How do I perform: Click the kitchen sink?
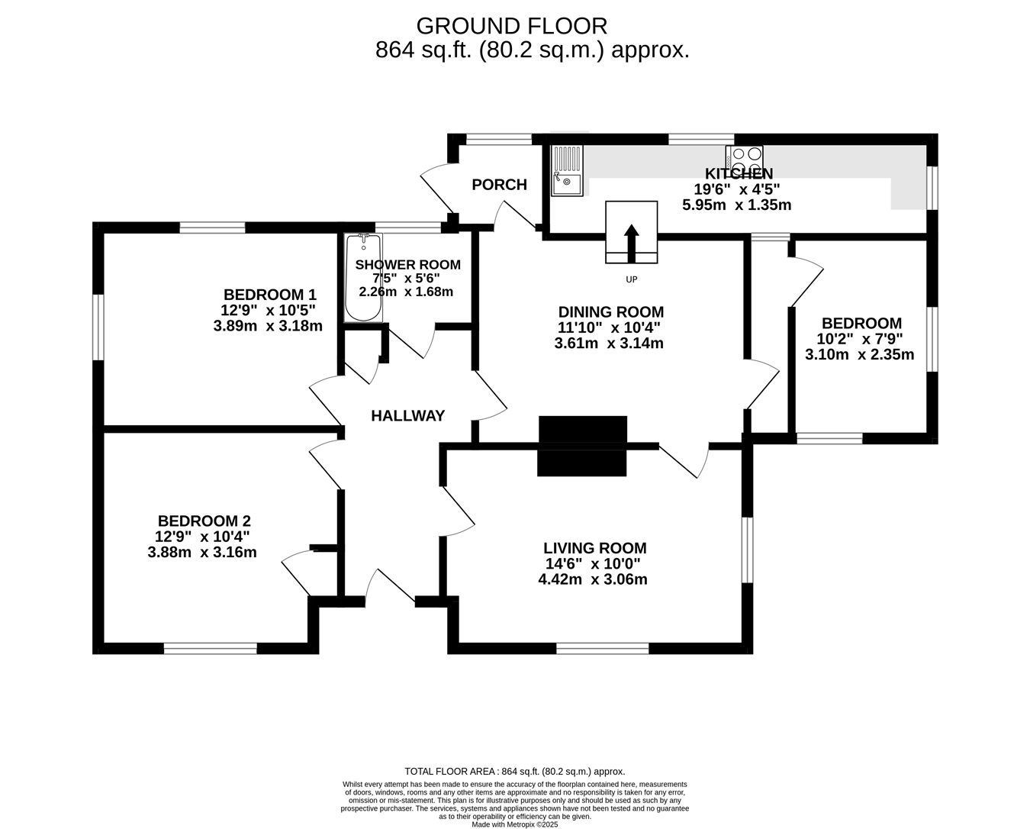(567, 171)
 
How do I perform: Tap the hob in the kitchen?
(744, 159)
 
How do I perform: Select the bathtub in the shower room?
(364, 278)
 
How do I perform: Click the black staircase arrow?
(631, 244)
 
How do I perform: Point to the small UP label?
(631, 279)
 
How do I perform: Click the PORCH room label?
(499, 185)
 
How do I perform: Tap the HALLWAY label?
(407, 416)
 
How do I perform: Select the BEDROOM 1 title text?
(270, 294)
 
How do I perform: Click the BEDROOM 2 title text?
(204, 521)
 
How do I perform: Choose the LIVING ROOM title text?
(595, 548)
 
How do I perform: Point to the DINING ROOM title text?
(611, 311)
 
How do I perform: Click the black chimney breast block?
(582, 446)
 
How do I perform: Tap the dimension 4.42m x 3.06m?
(593, 579)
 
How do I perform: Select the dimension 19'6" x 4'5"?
(737, 189)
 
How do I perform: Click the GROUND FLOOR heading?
(512, 27)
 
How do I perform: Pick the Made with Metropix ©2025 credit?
(514, 824)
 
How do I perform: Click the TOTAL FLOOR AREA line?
(514, 772)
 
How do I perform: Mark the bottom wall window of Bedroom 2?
(210, 649)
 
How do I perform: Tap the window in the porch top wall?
(499, 140)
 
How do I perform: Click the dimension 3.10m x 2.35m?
(860, 354)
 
